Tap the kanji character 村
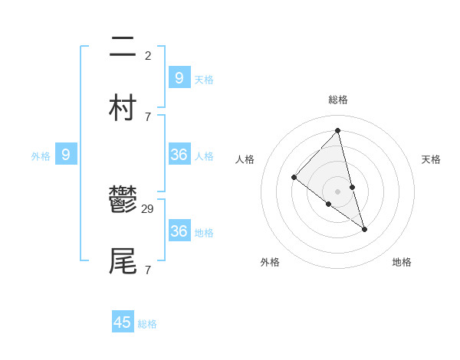[123, 107]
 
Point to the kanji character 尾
[123, 260]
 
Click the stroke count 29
[149, 208]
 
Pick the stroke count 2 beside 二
[147, 55]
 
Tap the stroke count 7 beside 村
[147, 116]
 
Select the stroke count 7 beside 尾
[147, 270]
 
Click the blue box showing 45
[123, 322]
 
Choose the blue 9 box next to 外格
[66, 155]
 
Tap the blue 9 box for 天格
[179, 77]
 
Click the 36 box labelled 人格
[179, 155]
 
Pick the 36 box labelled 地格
[179, 231]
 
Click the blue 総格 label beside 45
[147, 324]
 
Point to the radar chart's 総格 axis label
[338, 100]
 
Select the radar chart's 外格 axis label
[270, 263]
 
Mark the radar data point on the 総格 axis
[338, 131]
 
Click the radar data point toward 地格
[364, 229]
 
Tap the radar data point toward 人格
[294, 178]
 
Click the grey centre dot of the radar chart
[338, 191]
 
